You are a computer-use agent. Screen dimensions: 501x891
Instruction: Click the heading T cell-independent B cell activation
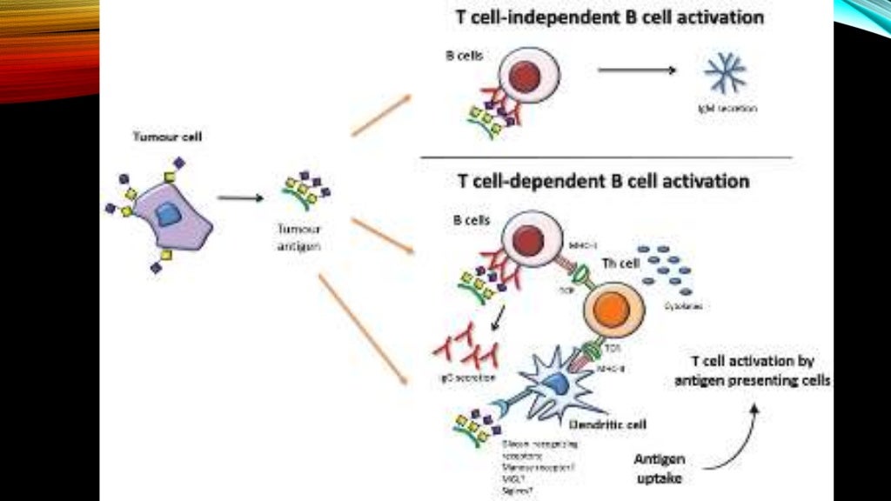click(x=611, y=17)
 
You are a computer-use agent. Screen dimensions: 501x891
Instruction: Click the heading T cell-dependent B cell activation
click(x=603, y=181)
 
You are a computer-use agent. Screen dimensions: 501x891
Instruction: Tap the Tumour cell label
click(x=159, y=137)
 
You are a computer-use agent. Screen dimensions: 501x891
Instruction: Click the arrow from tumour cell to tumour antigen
click(x=240, y=198)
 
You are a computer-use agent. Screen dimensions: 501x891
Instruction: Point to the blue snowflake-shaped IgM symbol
click(x=724, y=73)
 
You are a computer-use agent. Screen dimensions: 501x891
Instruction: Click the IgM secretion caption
click(x=727, y=109)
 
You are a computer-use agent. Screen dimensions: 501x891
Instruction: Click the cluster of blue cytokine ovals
click(x=669, y=271)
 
